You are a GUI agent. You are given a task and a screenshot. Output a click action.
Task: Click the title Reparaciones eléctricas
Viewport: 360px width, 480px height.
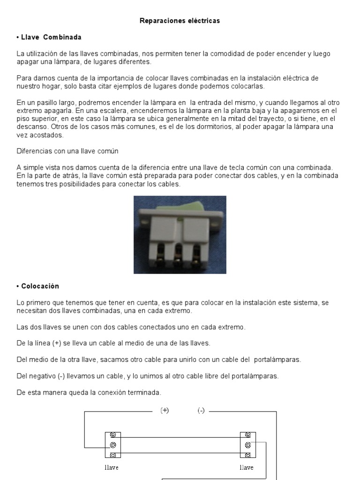click(x=180, y=21)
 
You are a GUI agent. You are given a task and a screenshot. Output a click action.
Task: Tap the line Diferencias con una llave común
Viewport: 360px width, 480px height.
click(x=67, y=151)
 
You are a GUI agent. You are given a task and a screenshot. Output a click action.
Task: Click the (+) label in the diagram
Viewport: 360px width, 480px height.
click(x=165, y=410)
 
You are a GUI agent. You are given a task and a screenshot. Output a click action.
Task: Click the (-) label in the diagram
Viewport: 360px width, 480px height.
click(x=201, y=410)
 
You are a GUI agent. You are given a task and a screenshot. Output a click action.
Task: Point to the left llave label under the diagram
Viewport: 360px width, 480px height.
click(x=111, y=467)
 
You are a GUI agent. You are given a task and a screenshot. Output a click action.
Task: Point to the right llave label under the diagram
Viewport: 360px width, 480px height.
click(x=247, y=467)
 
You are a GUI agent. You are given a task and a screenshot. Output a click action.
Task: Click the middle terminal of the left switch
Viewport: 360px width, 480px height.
click(x=113, y=445)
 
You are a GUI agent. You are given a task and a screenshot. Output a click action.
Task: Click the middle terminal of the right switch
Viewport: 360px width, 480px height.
click(x=247, y=445)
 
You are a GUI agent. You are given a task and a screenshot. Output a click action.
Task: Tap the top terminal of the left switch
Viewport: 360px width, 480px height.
click(x=113, y=435)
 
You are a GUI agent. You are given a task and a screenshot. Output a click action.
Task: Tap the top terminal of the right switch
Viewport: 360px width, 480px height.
click(x=247, y=435)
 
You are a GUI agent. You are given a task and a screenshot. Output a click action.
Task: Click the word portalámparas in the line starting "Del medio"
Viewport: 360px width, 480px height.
click(x=277, y=360)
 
